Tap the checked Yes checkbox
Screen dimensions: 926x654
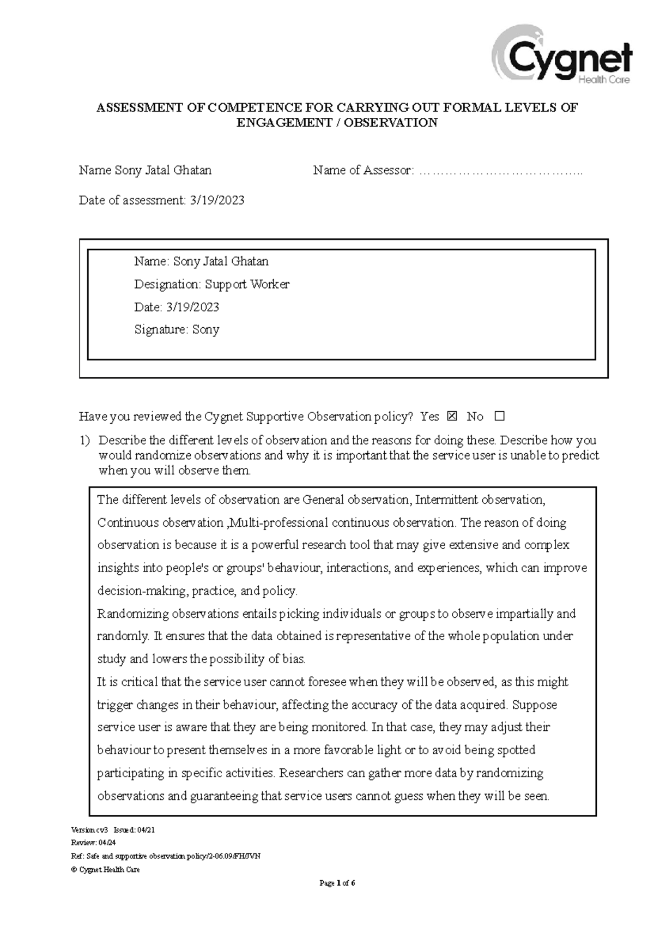coord(452,417)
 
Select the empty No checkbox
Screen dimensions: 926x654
coord(500,417)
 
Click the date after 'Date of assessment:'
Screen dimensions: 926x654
coord(217,201)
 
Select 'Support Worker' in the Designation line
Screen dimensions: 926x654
coord(247,284)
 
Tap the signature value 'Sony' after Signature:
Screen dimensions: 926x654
coord(205,330)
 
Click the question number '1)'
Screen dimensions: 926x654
coord(84,440)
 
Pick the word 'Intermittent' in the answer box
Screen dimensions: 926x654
coord(446,500)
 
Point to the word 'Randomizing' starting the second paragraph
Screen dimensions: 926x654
coord(132,614)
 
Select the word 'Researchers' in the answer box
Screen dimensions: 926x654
coord(311,773)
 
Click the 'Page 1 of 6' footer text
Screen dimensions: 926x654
coord(337,883)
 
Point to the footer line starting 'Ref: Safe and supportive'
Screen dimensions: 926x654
coord(166,856)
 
